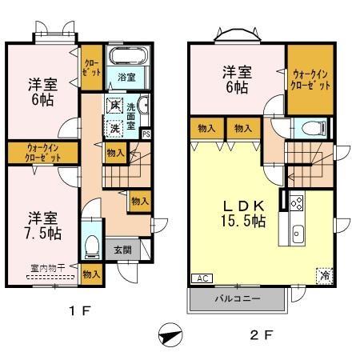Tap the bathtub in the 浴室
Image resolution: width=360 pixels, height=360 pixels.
point(127,58)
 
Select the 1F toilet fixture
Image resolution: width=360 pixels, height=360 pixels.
point(93,244)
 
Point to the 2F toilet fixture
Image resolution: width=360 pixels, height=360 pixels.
point(311,127)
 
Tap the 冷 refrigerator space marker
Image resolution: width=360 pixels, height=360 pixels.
point(326,273)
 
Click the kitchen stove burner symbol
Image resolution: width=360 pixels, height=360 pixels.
point(295,203)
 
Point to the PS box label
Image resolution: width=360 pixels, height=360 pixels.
point(145,134)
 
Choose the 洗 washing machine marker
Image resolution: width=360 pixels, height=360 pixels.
point(115,127)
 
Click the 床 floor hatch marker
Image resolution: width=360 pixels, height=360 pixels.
point(115,106)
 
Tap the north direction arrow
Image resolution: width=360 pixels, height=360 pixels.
point(169,335)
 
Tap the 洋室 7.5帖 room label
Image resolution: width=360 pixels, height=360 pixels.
point(45,225)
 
